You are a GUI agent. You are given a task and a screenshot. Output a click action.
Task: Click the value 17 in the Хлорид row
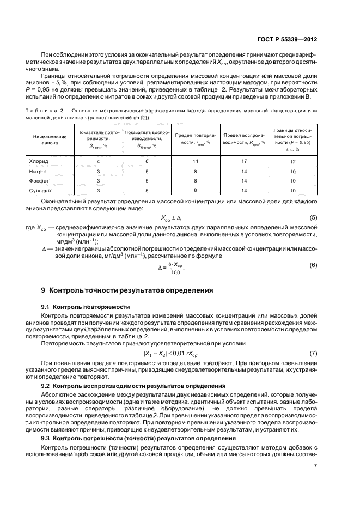[x=243, y=161]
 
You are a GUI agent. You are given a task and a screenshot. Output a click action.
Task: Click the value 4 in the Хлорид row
[x=98, y=162]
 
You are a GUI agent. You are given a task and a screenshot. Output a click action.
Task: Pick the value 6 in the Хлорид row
[x=147, y=161]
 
